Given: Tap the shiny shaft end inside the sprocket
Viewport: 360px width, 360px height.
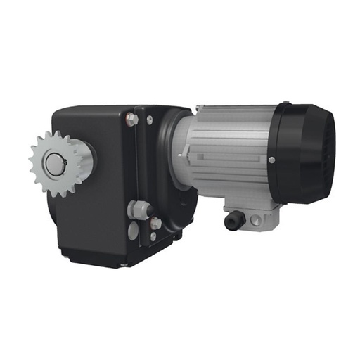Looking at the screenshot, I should [x=53, y=163].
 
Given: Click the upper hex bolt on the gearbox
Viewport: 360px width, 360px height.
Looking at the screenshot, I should [x=132, y=120].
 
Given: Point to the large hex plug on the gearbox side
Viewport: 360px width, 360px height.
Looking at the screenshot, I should [x=138, y=210].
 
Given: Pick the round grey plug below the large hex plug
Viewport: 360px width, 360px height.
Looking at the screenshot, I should [x=134, y=231].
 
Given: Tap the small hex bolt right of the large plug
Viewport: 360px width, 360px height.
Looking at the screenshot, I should [x=155, y=223].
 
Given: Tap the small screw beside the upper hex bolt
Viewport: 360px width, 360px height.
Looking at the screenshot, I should [x=148, y=120].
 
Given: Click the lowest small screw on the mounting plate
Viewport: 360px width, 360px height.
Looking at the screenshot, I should [x=153, y=237].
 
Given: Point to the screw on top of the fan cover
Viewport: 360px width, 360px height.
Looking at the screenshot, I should [x=286, y=105].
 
